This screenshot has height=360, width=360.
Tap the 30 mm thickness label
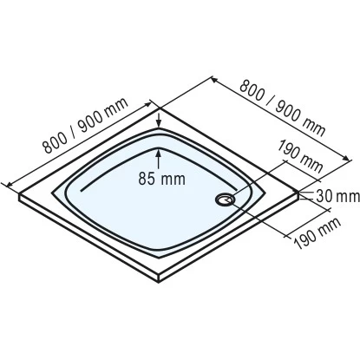point(334,193)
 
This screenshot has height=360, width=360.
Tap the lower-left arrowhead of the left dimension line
point(10,183)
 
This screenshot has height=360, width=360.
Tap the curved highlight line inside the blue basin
point(113,178)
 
